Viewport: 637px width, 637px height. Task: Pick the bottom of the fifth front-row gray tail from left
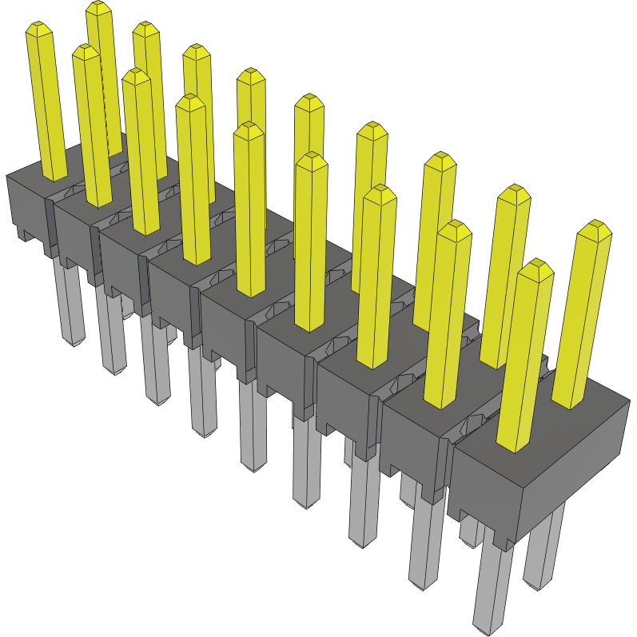click(253, 467)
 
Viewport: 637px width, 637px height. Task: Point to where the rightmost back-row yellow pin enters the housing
click(570, 404)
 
